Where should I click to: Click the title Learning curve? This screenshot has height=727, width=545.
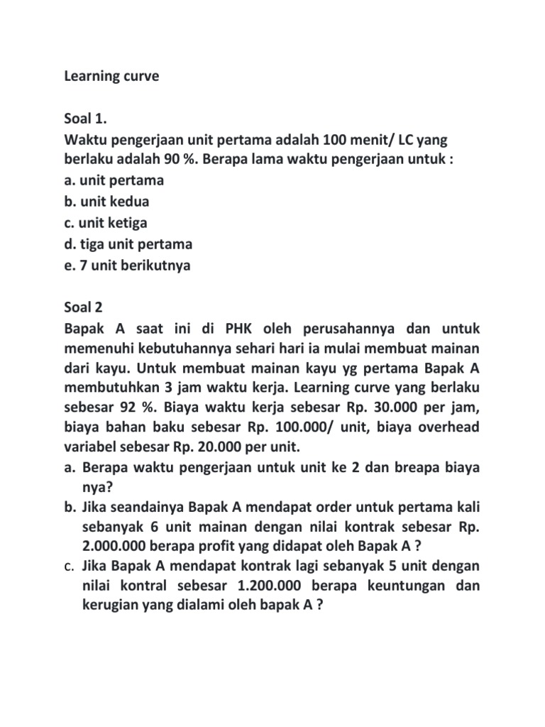click(111, 76)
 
